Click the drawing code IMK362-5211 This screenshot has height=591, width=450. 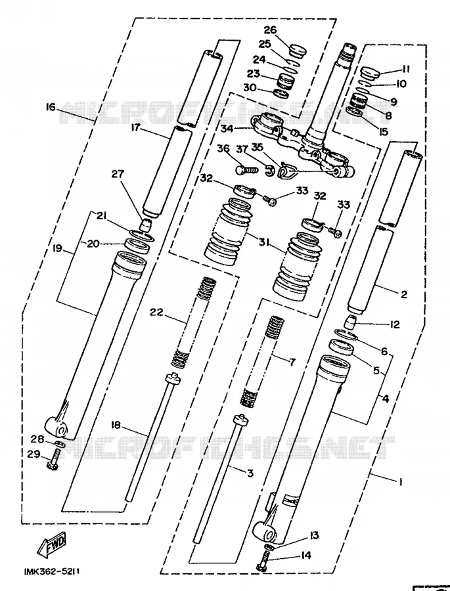(x=52, y=571)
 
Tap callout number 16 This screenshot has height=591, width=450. (x=51, y=108)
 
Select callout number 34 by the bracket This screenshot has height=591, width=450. (x=227, y=129)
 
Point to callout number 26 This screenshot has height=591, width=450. (x=281, y=30)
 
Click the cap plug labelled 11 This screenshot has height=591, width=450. (x=369, y=72)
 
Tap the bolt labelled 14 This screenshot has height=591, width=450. (x=263, y=561)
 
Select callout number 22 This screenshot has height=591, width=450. (x=156, y=312)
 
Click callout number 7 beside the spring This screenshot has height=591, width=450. (x=292, y=362)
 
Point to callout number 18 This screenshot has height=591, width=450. (x=116, y=425)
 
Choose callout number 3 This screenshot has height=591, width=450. (x=250, y=473)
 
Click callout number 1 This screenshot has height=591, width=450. (x=401, y=482)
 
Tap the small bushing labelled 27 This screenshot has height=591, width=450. (x=146, y=225)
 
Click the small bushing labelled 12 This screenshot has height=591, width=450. (x=352, y=323)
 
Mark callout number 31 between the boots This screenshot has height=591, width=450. (x=264, y=242)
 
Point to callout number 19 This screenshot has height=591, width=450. (x=58, y=249)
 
